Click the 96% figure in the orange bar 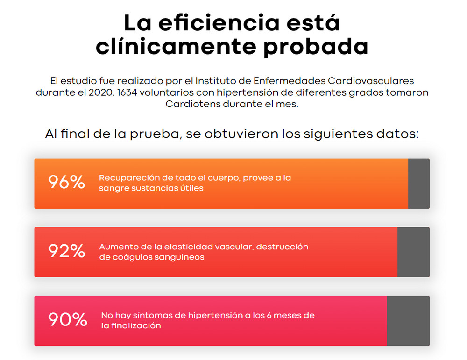[x=66, y=183]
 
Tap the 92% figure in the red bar [x=66, y=251]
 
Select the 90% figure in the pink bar [x=68, y=320]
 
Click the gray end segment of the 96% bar [x=418, y=184]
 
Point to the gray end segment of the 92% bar [x=413, y=252]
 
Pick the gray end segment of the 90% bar [x=408, y=321]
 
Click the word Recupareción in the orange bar [x=127, y=178]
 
